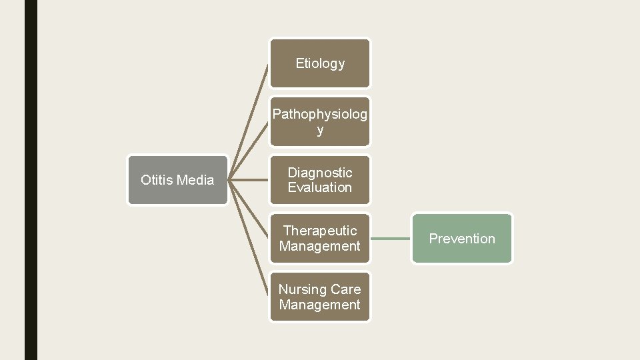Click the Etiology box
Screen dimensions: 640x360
tap(319, 63)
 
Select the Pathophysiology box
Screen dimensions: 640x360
tap(319, 121)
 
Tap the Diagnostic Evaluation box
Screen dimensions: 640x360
tap(319, 180)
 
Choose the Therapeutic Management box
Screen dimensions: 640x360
tap(319, 238)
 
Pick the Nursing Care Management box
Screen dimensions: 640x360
tap(319, 297)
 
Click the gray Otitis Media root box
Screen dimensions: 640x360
tap(177, 180)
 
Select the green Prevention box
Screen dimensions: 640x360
tap(462, 238)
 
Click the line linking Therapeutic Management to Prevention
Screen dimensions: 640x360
tap(391, 238)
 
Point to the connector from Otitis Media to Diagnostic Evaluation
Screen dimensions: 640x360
tap(249, 180)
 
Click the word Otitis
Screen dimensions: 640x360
tap(156, 180)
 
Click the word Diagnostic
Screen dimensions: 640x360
tap(320, 173)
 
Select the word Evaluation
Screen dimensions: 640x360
tap(320, 187)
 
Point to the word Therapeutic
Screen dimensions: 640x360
tap(320, 231)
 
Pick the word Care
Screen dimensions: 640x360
tap(347, 289)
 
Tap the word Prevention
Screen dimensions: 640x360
tap(462, 239)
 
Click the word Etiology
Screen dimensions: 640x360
tap(320, 63)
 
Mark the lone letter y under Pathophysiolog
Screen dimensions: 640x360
tap(320, 130)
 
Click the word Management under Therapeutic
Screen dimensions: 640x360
tap(320, 246)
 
